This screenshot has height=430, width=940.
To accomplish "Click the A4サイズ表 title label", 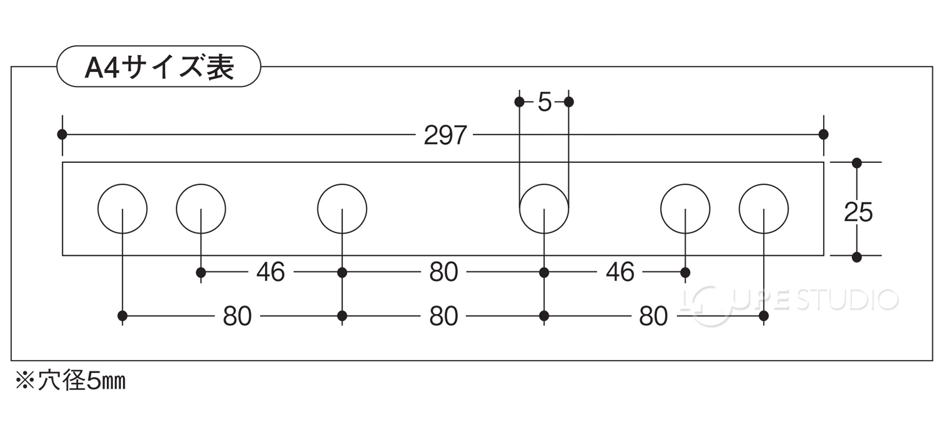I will click(159, 67).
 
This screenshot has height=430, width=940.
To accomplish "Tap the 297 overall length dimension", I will click(445, 135).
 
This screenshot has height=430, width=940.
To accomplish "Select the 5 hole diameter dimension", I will click(545, 102).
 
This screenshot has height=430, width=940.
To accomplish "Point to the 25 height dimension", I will click(858, 212).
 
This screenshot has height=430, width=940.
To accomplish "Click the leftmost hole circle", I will click(122, 209).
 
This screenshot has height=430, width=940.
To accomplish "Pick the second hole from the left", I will click(201, 209).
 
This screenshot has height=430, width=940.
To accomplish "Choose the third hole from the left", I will click(342, 209).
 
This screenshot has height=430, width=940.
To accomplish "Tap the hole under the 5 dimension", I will click(544, 209).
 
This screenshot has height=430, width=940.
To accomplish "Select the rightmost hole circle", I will click(764, 209).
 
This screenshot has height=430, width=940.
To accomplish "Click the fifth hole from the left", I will click(685, 209).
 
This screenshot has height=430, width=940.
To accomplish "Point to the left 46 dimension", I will click(270, 272).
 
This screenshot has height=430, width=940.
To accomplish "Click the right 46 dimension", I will click(620, 272).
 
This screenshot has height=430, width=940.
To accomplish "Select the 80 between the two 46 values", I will click(444, 272).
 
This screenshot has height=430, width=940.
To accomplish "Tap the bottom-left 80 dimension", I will click(237, 316).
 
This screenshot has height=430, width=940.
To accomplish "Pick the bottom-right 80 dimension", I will click(653, 316).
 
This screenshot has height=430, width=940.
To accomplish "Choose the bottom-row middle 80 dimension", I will click(444, 316).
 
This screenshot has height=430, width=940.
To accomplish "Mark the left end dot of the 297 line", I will click(62, 135).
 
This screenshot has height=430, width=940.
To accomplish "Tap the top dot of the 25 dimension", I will click(857, 162).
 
